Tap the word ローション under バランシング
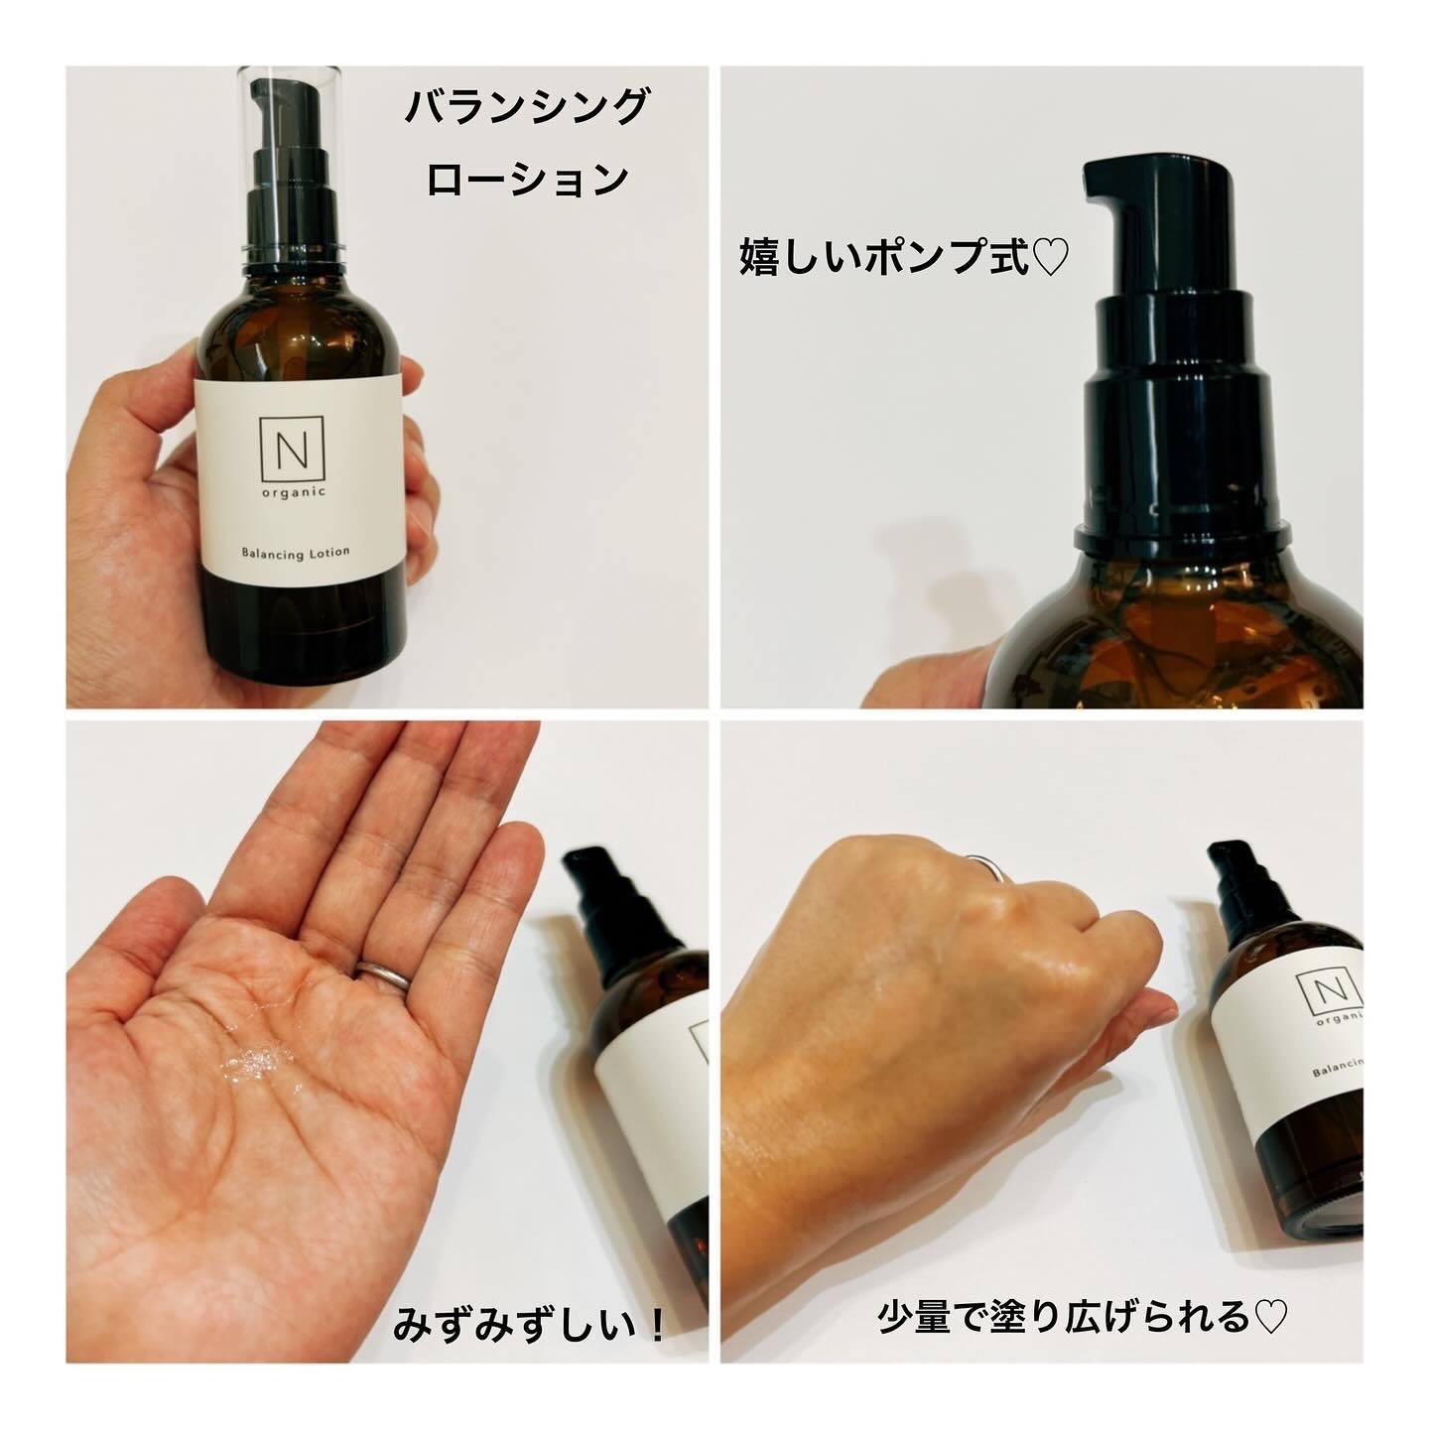tap(526, 180)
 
